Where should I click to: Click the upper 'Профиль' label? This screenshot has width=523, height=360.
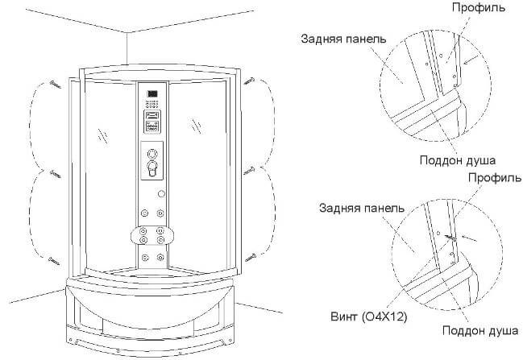click(x=479, y=7)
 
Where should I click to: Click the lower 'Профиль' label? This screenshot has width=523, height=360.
click(x=495, y=177)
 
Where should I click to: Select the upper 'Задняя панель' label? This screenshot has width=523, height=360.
click(x=343, y=39)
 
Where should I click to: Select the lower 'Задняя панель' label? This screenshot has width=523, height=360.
click(x=362, y=209)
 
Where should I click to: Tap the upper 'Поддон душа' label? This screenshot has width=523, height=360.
click(x=458, y=160)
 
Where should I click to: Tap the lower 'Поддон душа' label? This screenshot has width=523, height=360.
click(x=480, y=330)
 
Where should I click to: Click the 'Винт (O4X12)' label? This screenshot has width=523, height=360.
click(x=369, y=317)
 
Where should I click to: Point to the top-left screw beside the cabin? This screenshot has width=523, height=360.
click(x=56, y=85)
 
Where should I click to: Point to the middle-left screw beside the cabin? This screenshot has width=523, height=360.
click(x=56, y=174)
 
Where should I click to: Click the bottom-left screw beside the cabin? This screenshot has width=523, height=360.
click(x=54, y=261)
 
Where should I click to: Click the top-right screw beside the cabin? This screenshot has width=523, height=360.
click(x=249, y=81)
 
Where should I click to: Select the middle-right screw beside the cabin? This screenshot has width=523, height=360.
click(x=249, y=171)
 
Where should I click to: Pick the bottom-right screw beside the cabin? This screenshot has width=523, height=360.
click(x=251, y=258)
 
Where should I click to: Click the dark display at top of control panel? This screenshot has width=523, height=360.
click(x=152, y=93)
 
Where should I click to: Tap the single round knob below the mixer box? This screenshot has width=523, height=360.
click(x=161, y=193)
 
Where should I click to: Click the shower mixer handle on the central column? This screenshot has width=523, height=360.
click(x=152, y=168)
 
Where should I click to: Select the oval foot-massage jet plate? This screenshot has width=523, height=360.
click(x=152, y=235)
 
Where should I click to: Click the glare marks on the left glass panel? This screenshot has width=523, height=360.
click(x=103, y=135)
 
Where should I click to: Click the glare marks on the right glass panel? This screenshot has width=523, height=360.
click(x=197, y=126)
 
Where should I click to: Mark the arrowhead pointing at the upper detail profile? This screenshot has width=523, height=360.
click(x=464, y=62)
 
